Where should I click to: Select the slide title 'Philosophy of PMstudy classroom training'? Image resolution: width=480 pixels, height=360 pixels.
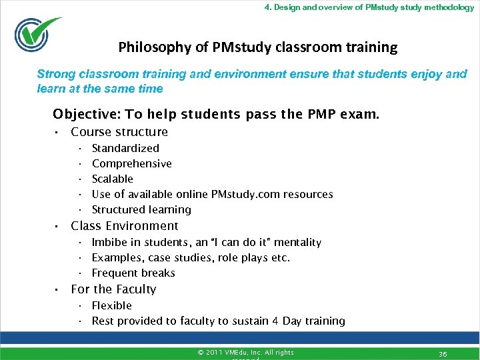click(257, 47)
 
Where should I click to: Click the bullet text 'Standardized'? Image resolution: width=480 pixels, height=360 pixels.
click(125, 148)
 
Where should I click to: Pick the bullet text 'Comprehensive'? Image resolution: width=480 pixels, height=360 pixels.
click(131, 163)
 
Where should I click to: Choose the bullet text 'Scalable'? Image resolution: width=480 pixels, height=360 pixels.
click(112, 179)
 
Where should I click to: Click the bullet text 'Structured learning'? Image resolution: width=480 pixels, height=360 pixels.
click(141, 209)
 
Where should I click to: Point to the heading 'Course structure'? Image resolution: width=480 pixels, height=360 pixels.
click(119, 132)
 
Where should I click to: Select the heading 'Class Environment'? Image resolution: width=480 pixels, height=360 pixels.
click(125, 226)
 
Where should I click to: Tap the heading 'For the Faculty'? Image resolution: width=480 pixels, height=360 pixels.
click(113, 289)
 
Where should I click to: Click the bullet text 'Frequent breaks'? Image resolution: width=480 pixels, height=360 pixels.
click(133, 273)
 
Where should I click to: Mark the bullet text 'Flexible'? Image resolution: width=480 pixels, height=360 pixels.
click(112, 305)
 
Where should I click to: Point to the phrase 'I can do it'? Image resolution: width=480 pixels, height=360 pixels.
click(243, 242)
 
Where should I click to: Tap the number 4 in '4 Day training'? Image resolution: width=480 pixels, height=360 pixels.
click(275, 321)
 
